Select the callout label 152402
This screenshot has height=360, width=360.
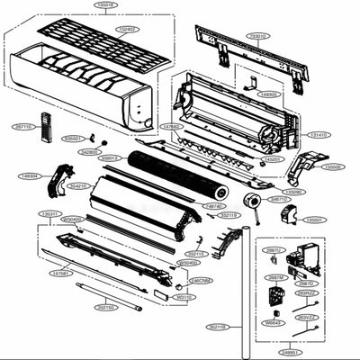[127, 29]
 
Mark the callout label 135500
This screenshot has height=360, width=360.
[332, 166]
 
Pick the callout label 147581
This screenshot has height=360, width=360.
[61, 272]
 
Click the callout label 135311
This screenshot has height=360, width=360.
[49, 213]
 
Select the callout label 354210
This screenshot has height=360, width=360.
[78, 186]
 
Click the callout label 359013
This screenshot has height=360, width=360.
[110, 157]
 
